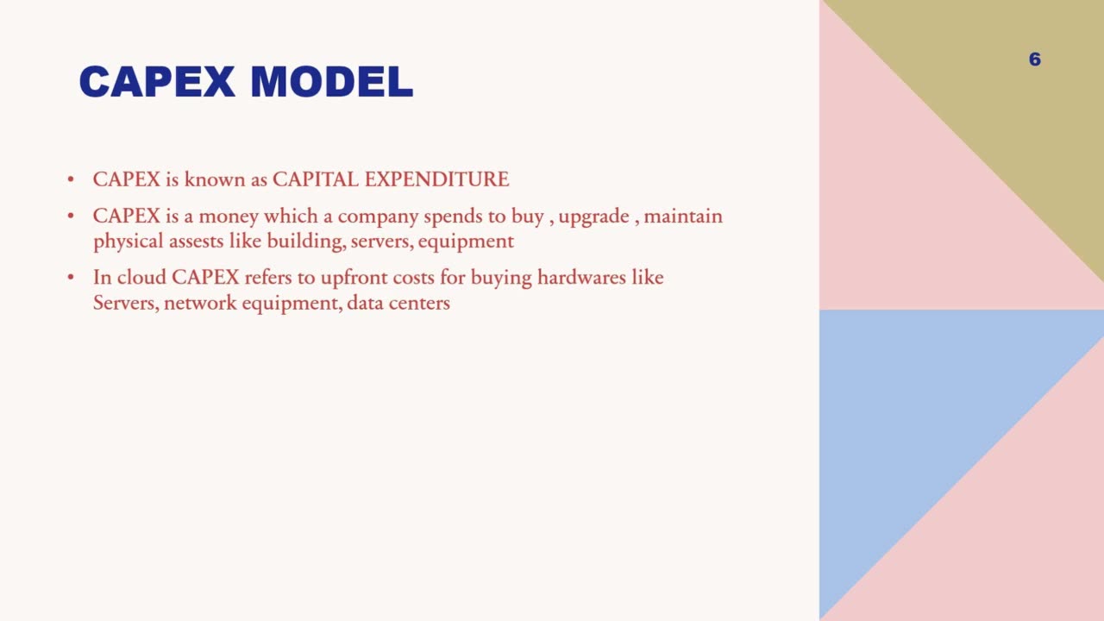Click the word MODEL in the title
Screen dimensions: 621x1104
pyautogui.click(x=331, y=83)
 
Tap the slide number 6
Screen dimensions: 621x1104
pyautogui.click(x=1035, y=60)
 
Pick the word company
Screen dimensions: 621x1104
pyautogui.click(x=378, y=216)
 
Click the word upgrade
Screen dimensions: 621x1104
pyautogui.click(x=593, y=216)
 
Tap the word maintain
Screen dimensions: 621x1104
pyautogui.click(x=683, y=216)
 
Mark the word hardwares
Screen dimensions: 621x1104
pyautogui.click(x=584, y=278)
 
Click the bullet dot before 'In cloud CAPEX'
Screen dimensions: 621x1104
pyautogui.click(x=71, y=278)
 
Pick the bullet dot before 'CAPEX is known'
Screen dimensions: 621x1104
pyautogui.click(x=71, y=179)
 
